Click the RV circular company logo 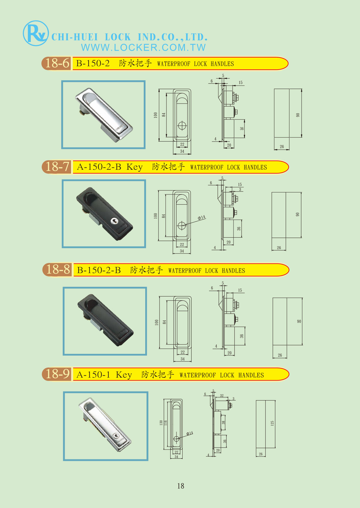(36, 33)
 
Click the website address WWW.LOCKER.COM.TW (143, 47)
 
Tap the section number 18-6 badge (57, 63)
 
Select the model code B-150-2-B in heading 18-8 (99, 270)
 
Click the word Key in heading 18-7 (135, 167)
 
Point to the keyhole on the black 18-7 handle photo (114, 221)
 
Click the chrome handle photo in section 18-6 (103, 114)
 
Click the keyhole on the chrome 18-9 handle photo (116, 436)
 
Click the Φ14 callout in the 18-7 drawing (202, 217)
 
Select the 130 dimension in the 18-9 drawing (161, 423)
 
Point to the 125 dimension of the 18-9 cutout (272, 423)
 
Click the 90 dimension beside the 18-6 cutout (298, 115)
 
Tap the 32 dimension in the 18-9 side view (222, 396)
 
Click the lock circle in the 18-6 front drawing (182, 126)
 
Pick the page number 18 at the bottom (181, 486)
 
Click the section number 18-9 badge (57, 374)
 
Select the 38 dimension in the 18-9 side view (223, 423)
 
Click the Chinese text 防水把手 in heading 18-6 (135, 63)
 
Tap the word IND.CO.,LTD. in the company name (173, 37)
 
